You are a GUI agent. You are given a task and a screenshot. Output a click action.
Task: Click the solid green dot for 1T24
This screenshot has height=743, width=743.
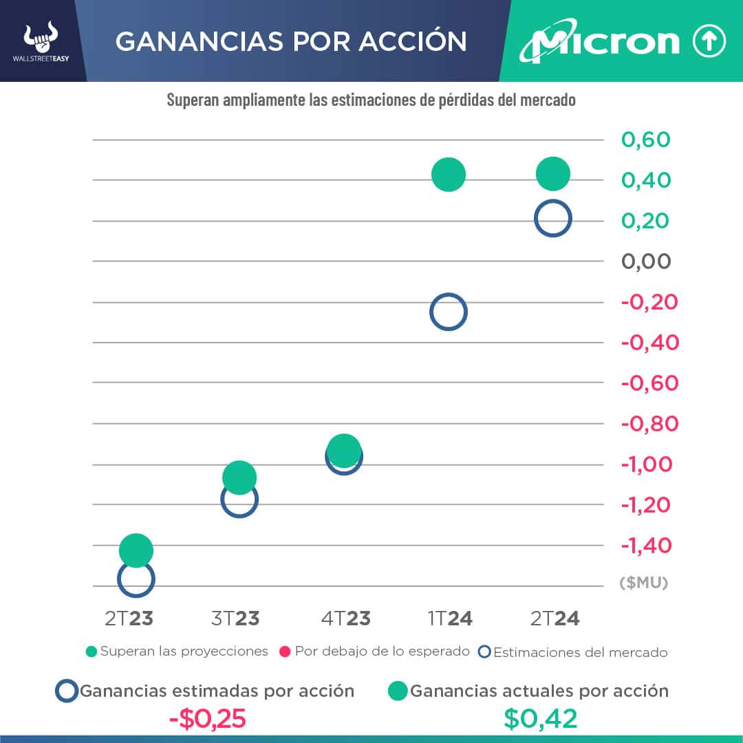click(x=449, y=174)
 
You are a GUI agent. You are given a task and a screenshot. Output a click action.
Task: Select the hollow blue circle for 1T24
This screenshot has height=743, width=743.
click(x=449, y=312)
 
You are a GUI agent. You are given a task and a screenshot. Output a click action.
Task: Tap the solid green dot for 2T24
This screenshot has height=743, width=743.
click(x=553, y=173)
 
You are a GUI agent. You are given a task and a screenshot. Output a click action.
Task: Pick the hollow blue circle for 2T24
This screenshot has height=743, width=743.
click(x=553, y=219)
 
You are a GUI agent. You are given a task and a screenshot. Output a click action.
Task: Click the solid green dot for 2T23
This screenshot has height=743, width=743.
click(x=136, y=550)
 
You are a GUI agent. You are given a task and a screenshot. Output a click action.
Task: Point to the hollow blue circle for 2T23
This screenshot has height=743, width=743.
click(x=136, y=579)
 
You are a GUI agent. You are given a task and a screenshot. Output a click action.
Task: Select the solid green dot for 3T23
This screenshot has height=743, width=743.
click(x=239, y=477)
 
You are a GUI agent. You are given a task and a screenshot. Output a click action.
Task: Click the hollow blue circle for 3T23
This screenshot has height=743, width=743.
click(x=239, y=499)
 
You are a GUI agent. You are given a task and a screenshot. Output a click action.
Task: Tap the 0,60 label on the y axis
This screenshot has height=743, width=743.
click(x=646, y=140)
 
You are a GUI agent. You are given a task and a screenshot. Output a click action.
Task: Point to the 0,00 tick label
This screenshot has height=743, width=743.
click(x=646, y=261)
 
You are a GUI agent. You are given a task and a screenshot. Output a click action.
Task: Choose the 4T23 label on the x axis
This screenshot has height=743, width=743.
click(x=345, y=618)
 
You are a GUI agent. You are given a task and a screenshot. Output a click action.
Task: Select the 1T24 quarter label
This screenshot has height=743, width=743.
click(x=450, y=618)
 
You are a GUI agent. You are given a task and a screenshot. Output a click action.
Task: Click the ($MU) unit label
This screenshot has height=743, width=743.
click(x=644, y=583)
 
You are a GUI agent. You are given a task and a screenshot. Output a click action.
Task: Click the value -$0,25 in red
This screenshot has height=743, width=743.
click(x=208, y=719)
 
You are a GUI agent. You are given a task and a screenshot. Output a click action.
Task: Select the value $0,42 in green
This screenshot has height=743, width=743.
click(x=540, y=719)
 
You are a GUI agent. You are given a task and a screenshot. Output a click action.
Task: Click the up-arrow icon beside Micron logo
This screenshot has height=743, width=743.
click(x=709, y=42)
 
